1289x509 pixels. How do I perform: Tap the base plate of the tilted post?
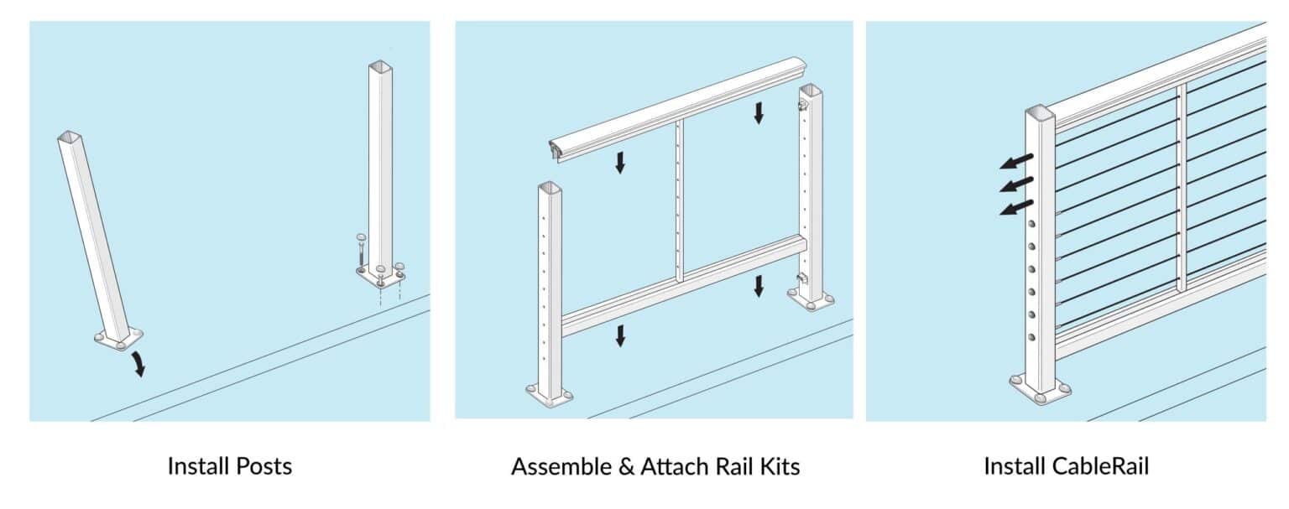click(x=118, y=339)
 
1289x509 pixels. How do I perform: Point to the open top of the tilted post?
click(x=69, y=136)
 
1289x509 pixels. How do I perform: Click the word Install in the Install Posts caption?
click(x=195, y=466)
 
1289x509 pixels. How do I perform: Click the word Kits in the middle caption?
click(x=778, y=466)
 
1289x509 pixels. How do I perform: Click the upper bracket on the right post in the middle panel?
click(x=801, y=106)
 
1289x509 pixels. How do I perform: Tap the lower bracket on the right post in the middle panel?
click(x=801, y=278)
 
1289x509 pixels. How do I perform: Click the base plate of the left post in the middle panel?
click(x=550, y=394)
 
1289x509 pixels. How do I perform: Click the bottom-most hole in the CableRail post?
click(x=1033, y=337)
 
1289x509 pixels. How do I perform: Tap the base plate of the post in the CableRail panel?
click(x=1041, y=390)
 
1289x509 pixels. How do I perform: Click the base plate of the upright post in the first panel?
click(x=380, y=274)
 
